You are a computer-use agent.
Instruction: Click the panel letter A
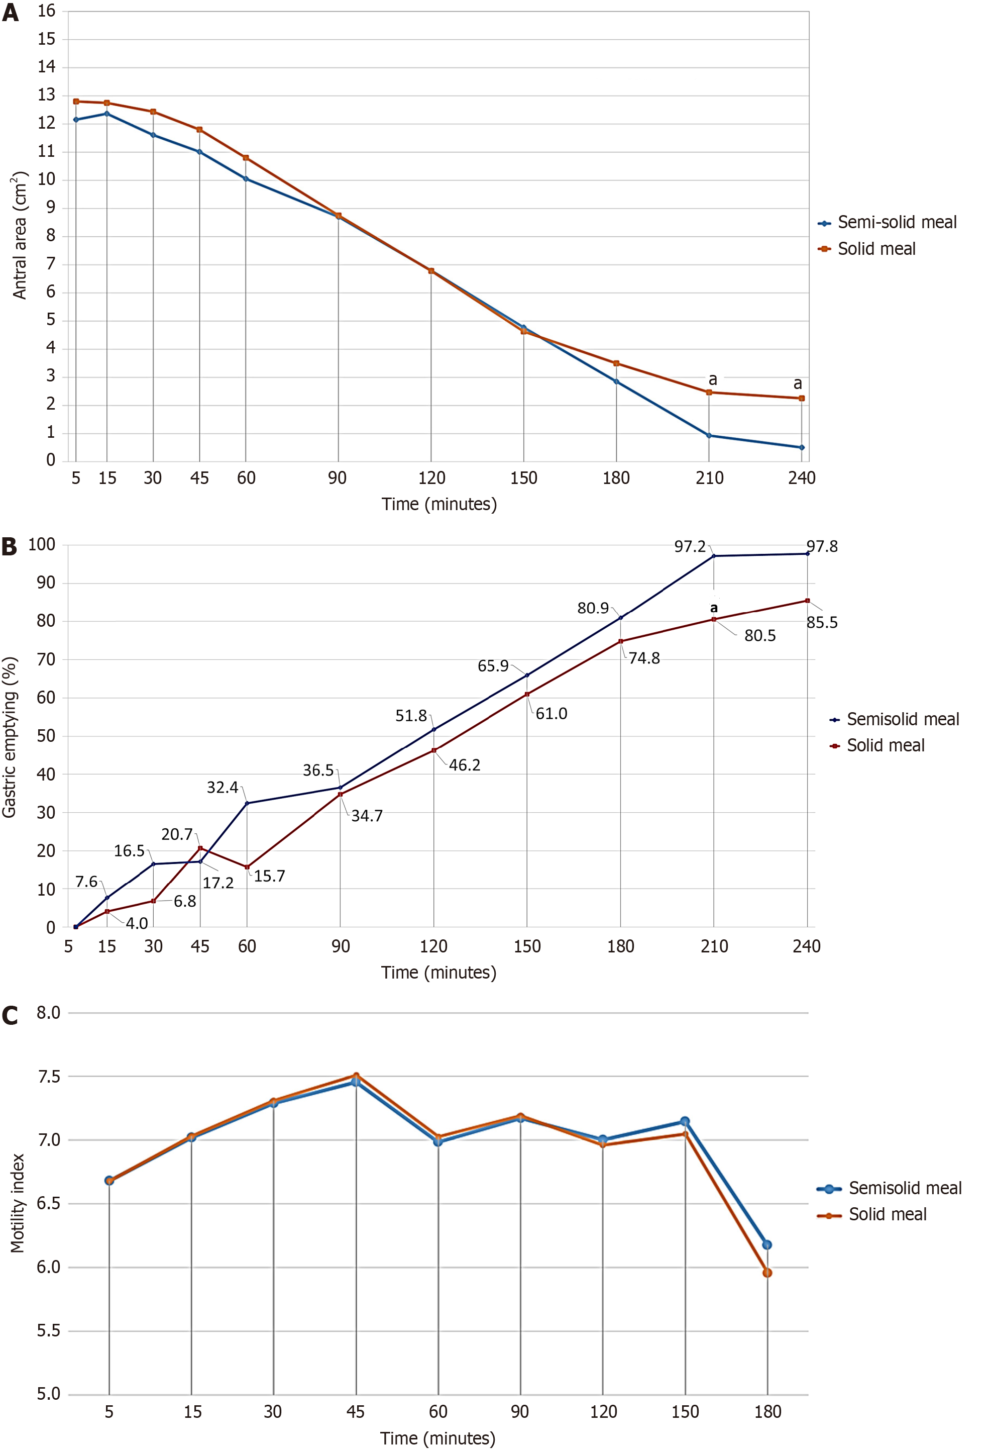(10, 13)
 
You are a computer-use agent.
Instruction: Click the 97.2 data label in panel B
(689, 547)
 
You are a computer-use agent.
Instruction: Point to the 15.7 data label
(269, 876)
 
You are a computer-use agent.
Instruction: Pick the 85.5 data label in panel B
(822, 622)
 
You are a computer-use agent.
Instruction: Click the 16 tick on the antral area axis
(46, 11)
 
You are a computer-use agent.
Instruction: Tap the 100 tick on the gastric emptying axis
(42, 544)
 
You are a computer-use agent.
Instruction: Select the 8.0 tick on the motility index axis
(48, 1013)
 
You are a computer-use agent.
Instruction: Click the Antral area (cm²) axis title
(20, 235)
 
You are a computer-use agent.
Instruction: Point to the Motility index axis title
(18, 1203)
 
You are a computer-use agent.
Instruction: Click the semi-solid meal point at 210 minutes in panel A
(709, 435)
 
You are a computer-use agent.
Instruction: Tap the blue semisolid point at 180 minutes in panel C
(767, 1245)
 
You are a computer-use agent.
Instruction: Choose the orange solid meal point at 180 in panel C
(767, 1273)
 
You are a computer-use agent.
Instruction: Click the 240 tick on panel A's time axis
(802, 478)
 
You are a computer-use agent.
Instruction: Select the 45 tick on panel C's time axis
(355, 1412)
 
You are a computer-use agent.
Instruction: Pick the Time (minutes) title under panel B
(438, 973)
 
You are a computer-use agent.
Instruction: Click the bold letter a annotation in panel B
(714, 608)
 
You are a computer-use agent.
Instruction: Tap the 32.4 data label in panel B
(223, 788)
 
